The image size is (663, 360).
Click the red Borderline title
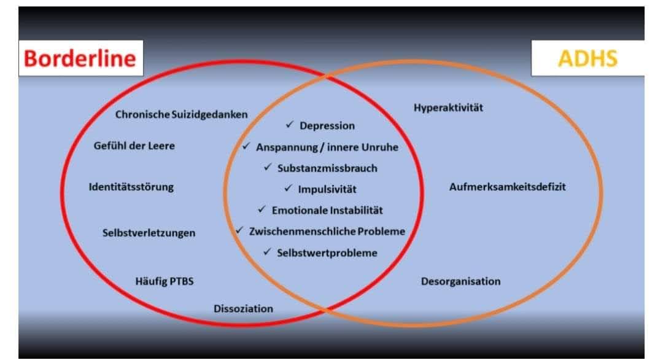tap(80, 58)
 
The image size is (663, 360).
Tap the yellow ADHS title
tap(587, 58)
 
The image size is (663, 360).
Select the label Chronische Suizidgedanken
tap(182, 114)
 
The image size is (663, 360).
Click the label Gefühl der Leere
tap(134, 146)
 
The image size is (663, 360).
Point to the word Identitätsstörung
tap(131, 187)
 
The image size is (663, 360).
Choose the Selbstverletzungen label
tap(149, 233)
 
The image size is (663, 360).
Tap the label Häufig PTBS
tap(165, 281)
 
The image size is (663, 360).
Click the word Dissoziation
tap(243, 308)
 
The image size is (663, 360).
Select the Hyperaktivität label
tap(448, 108)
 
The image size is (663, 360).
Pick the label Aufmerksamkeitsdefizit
tap(507, 187)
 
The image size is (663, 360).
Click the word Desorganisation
tap(460, 281)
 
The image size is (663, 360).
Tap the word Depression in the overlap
tap(327, 126)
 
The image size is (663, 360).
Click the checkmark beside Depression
tap(289, 125)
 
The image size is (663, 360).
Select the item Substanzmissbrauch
tap(327, 168)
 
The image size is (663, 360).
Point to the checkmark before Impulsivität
tap(288, 188)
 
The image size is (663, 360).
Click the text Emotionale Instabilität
tap(327, 210)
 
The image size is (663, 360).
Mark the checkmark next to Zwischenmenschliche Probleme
tap(240, 230)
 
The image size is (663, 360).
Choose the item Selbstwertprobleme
tap(327, 252)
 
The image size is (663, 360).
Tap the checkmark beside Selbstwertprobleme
tap(267, 251)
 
